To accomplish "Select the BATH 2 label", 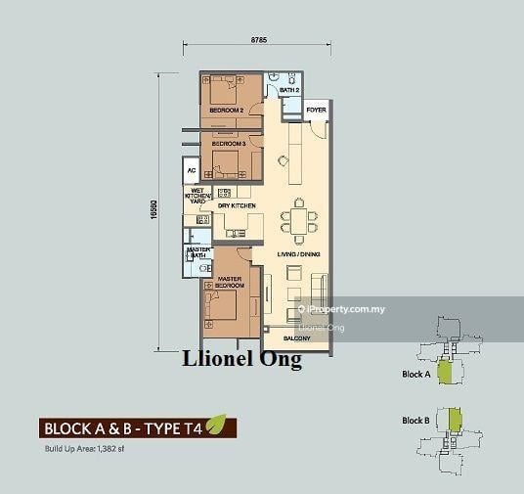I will [289, 90].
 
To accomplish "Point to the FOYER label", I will [316, 111].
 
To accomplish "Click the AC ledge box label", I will [190, 170].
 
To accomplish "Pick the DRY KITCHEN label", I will [237, 206].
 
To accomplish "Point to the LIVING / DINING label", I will [297, 254].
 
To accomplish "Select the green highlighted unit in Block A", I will [445, 372].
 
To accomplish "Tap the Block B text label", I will [415, 421].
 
